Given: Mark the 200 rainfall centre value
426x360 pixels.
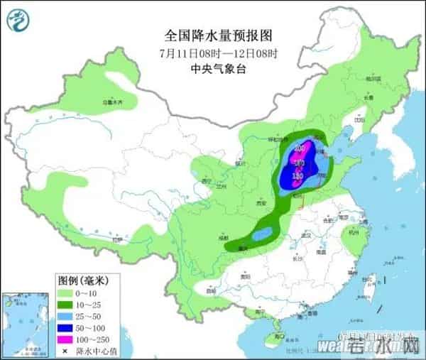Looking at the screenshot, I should (x=300, y=147).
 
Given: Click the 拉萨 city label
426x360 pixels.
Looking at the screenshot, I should (x=108, y=240).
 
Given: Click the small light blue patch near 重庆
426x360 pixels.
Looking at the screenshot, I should (x=263, y=233).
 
